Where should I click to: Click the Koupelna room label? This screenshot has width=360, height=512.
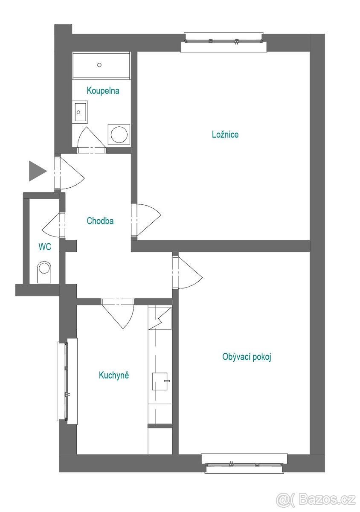[x=103, y=90]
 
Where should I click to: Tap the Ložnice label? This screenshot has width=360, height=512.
[x=225, y=134]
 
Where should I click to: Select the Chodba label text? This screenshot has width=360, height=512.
[x=100, y=221]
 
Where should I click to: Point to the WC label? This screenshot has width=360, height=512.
[x=45, y=247]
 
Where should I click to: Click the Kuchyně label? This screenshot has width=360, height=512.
[x=114, y=375]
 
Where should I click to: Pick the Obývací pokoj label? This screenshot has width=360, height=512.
[x=247, y=357]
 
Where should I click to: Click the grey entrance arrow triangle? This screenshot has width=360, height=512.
[x=38, y=171]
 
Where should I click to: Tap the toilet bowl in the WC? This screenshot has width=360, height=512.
[x=44, y=272]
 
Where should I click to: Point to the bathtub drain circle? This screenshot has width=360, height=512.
[x=99, y=65]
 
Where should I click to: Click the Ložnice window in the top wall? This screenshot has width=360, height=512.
[x=224, y=42]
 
